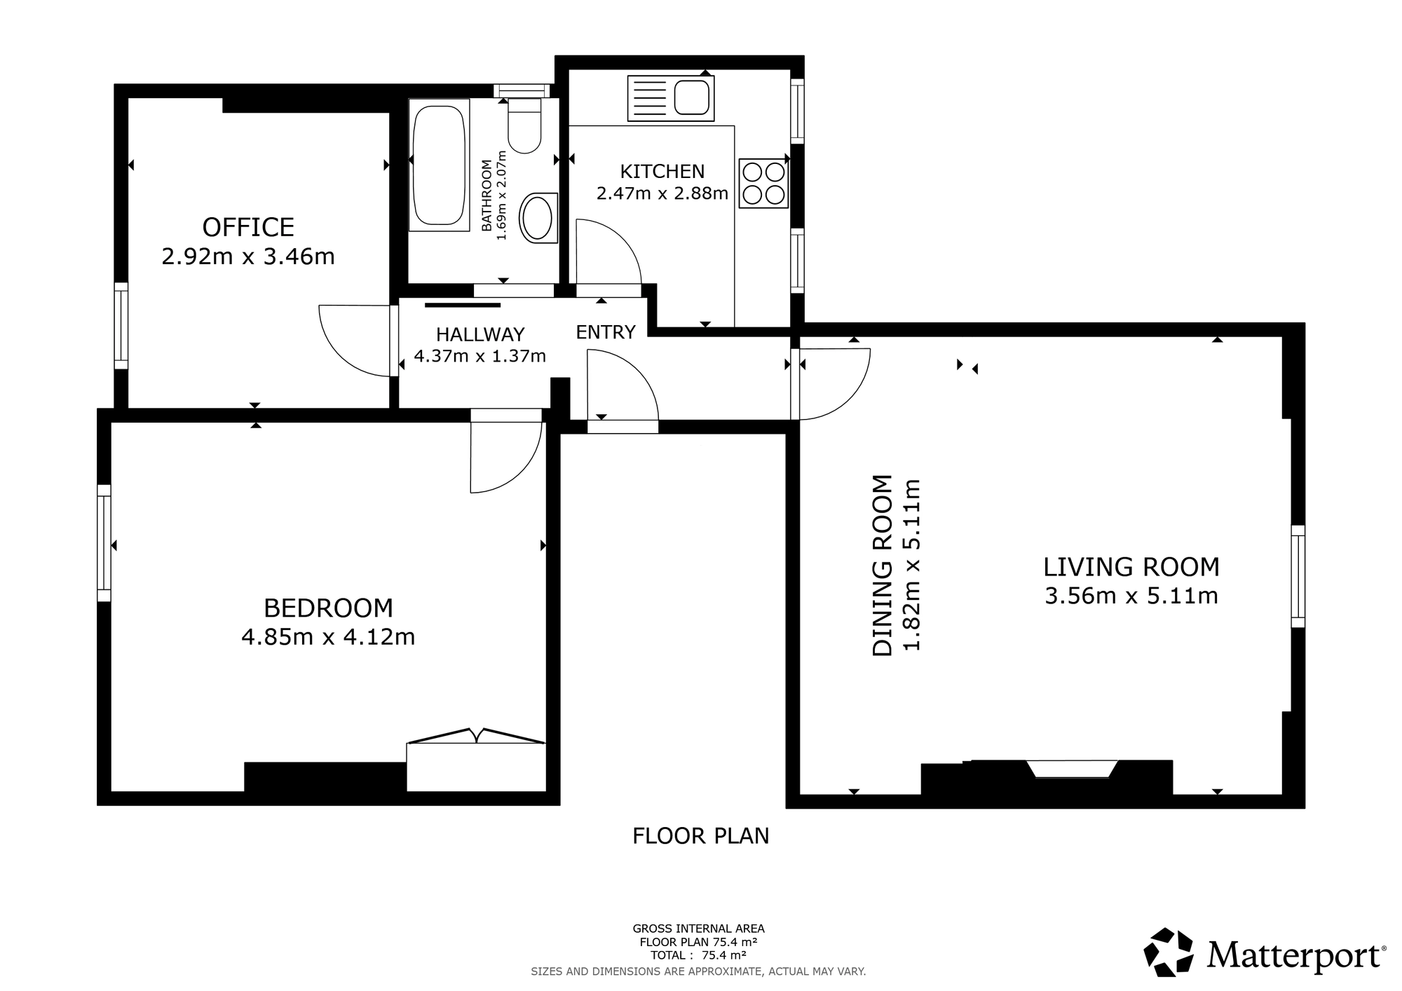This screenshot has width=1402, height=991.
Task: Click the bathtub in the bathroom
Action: click(x=439, y=165)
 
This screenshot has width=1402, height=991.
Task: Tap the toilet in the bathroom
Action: click(x=524, y=126)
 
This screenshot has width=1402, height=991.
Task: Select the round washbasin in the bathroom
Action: click(x=538, y=217)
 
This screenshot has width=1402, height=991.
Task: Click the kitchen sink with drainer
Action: click(x=671, y=98)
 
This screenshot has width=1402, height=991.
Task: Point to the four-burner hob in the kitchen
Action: click(x=763, y=183)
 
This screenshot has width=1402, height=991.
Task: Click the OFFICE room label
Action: click(x=248, y=227)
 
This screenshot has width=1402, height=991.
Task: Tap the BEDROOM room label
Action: click(x=328, y=607)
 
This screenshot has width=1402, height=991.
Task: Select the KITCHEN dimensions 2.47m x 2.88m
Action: click(x=662, y=193)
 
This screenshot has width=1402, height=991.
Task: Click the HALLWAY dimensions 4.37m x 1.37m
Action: click(x=479, y=357)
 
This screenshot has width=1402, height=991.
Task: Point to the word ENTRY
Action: click(x=606, y=332)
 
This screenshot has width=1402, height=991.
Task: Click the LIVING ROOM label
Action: click(x=1131, y=566)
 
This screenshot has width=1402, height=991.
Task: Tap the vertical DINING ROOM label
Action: click(x=883, y=566)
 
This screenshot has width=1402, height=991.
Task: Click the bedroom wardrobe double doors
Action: click(x=477, y=737)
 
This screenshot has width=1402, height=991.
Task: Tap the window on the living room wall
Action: click(x=1298, y=576)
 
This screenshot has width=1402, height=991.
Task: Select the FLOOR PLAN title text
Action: click(x=701, y=836)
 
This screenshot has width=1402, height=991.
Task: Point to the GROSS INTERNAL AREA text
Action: click(x=698, y=929)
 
